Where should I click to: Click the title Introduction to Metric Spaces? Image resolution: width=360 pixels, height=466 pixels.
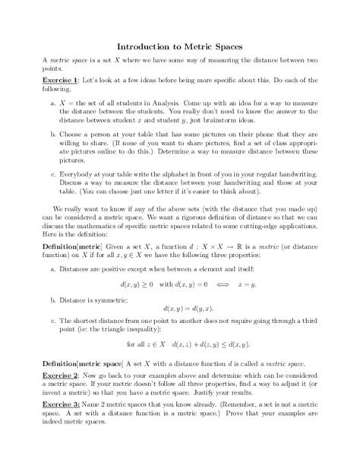click(179, 46)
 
